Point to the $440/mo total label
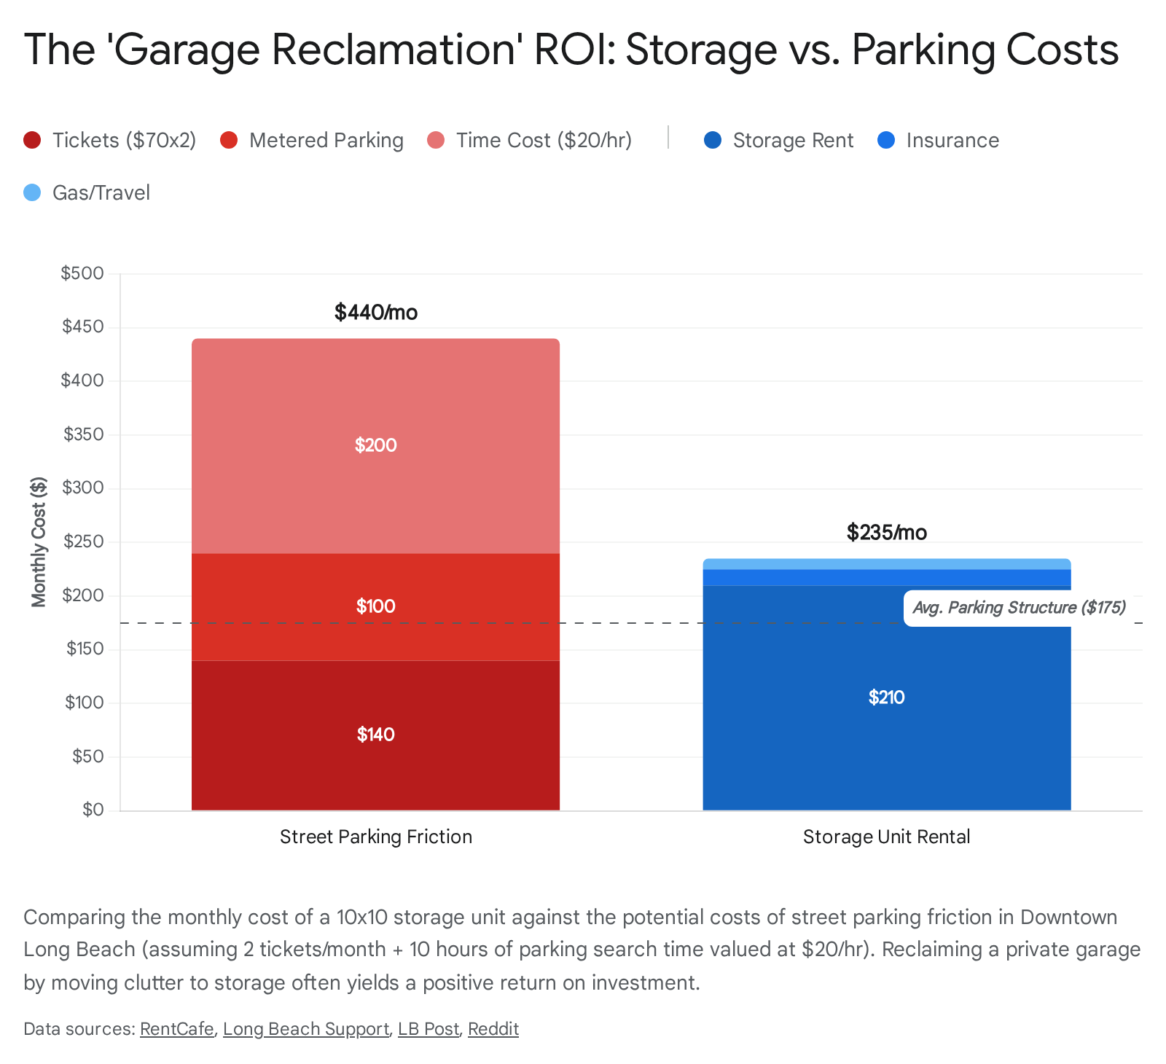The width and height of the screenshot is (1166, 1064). tap(376, 313)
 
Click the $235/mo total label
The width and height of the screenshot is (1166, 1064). tap(886, 533)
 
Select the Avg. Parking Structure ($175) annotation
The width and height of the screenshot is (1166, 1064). tap(1019, 608)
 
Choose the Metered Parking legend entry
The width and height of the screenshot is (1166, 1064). tap(313, 141)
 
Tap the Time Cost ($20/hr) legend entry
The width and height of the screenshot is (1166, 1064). tap(530, 141)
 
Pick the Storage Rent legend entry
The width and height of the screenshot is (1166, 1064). tap(779, 141)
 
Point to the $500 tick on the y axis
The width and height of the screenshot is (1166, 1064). tap(82, 274)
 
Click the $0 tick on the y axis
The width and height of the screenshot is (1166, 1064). tap(93, 810)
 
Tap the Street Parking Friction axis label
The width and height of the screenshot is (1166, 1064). tap(376, 837)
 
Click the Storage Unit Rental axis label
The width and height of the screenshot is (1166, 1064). tap(886, 837)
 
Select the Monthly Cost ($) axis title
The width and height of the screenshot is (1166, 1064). tap(39, 541)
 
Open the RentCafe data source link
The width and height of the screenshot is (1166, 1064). tap(177, 1029)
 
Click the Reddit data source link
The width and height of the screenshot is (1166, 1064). tap(493, 1029)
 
